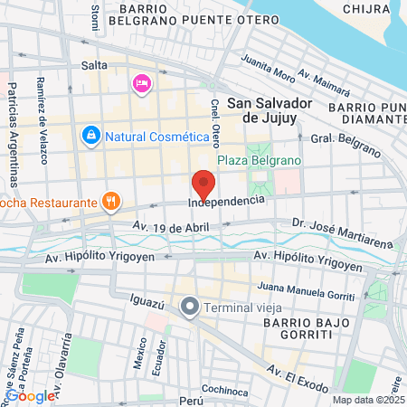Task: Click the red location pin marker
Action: pyautogui.click(x=203, y=185)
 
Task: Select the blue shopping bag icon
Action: pyautogui.click(x=90, y=137)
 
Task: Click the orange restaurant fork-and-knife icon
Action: pyautogui.click(x=110, y=201)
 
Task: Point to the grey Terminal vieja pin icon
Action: pyautogui.click(x=190, y=308)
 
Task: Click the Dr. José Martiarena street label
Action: pyautogui.click(x=341, y=232)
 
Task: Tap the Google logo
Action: pyautogui.click(x=30, y=395)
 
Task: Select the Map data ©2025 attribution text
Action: pyautogui.click(x=365, y=400)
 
